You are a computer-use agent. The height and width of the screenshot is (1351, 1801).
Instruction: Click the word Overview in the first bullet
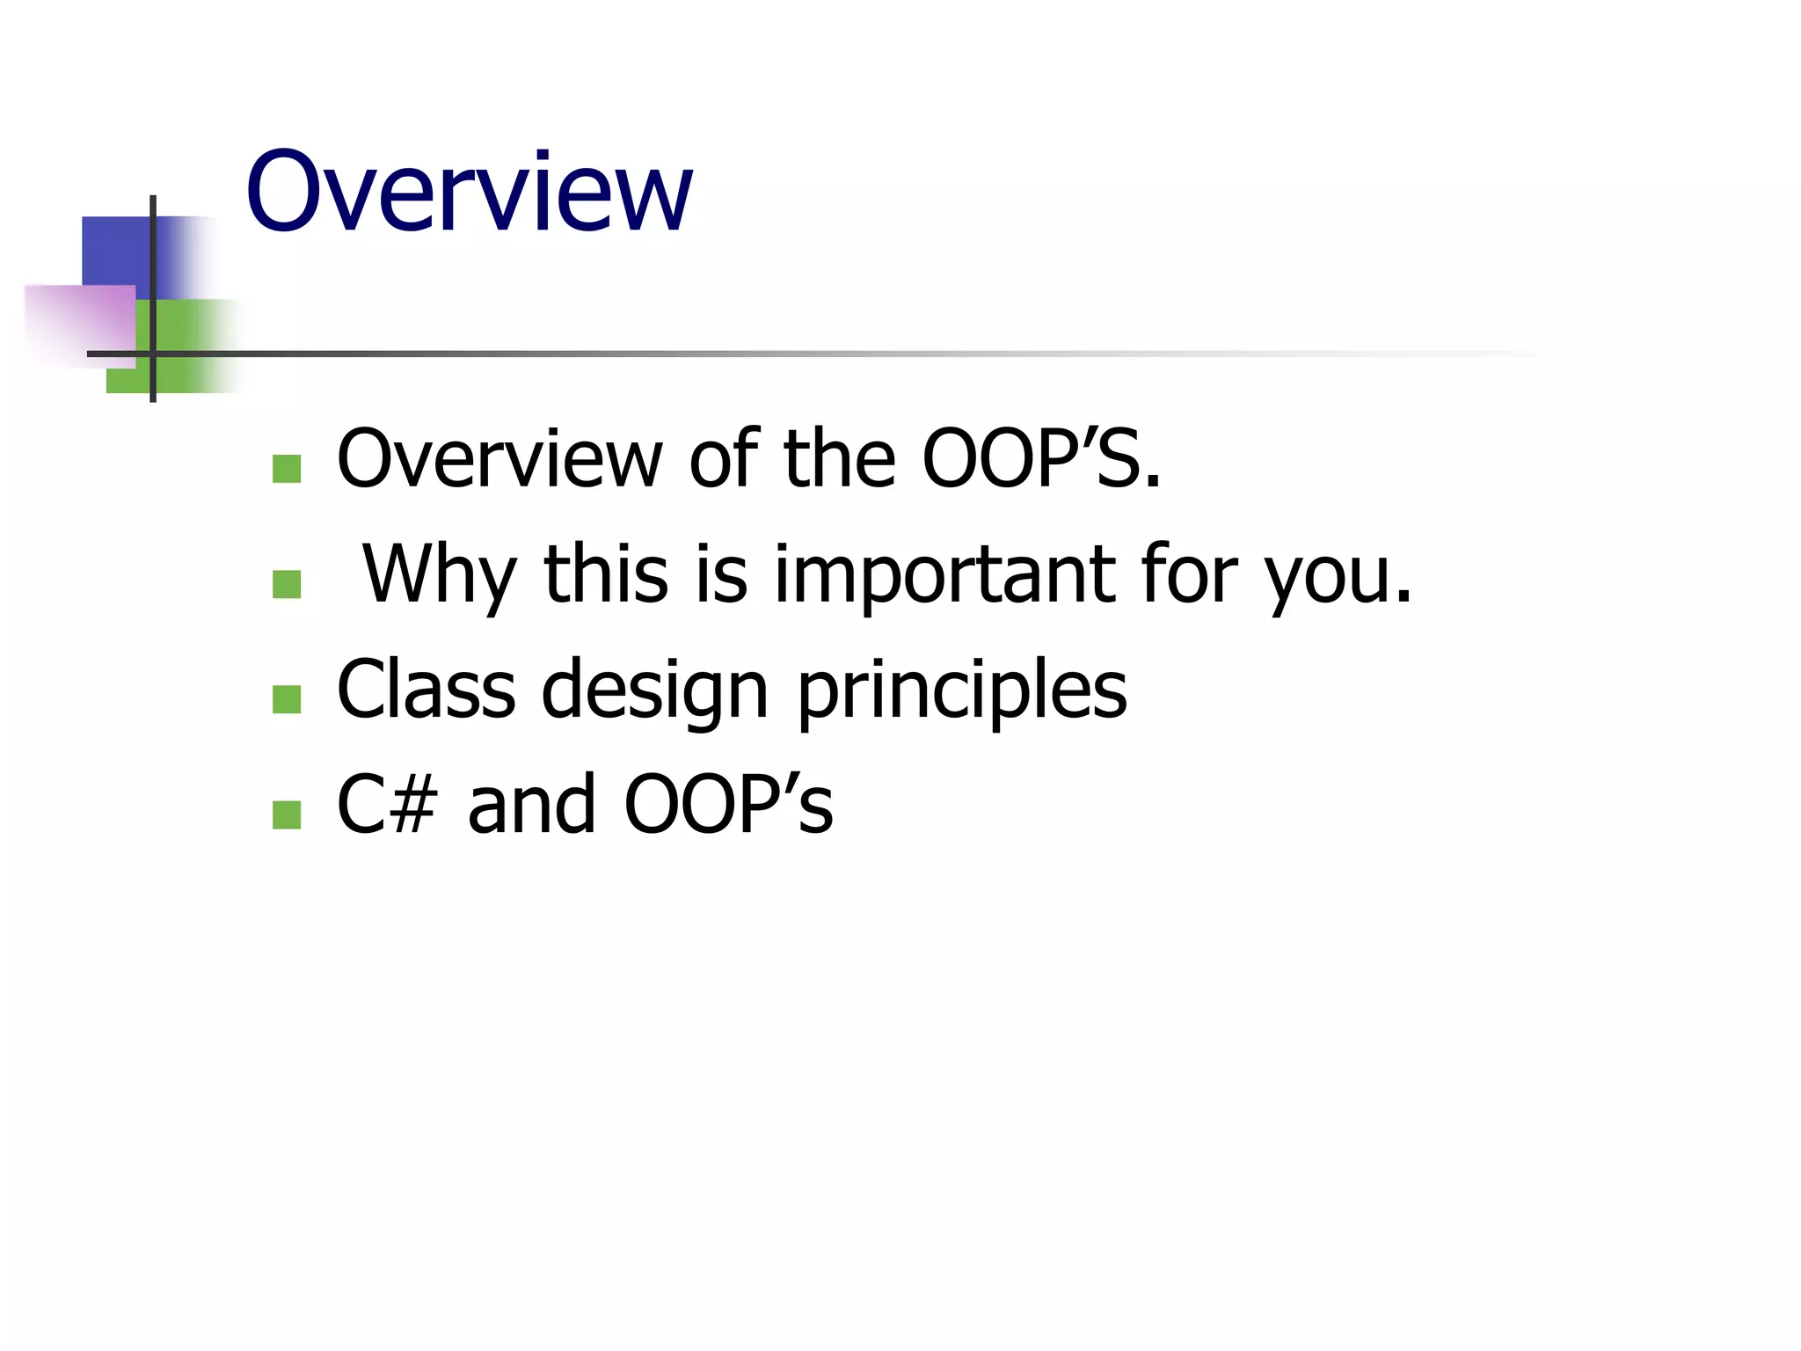click(499, 459)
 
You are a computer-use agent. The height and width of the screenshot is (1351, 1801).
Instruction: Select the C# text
click(387, 805)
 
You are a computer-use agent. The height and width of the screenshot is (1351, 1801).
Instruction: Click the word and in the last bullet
click(531, 805)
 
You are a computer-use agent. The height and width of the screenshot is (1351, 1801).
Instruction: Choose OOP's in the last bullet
click(728, 805)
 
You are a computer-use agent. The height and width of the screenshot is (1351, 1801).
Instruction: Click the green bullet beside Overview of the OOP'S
click(287, 469)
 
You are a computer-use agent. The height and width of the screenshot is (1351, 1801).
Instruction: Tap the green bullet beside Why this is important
click(287, 584)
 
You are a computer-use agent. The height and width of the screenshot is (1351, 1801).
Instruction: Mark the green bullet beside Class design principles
click(287, 699)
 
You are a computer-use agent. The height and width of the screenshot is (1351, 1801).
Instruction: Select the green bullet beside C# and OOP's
click(287, 814)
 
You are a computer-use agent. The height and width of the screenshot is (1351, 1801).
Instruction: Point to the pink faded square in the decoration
click(79, 321)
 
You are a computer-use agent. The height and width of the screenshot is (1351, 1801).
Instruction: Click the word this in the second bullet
click(606, 574)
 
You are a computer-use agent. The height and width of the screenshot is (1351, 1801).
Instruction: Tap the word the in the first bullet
click(840, 459)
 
